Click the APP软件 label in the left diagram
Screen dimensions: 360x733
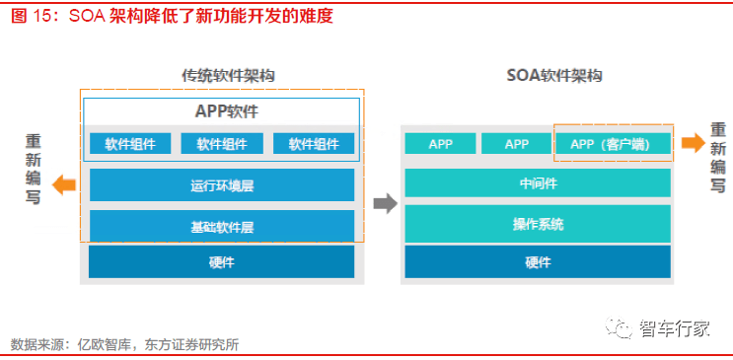(x=221, y=111)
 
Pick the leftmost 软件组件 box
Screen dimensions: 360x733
(x=130, y=144)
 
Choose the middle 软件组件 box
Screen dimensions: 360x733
(x=222, y=144)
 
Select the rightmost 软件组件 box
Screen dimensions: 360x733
(x=314, y=144)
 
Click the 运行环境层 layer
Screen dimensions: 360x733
(x=222, y=184)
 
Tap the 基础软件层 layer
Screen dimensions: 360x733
(x=222, y=226)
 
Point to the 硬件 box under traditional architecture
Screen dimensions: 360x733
(x=222, y=261)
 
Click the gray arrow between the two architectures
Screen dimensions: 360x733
(x=384, y=203)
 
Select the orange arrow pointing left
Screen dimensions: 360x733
(x=64, y=183)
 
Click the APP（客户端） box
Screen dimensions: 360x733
(x=615, y=144)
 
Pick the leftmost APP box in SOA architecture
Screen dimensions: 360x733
(x=440, y=144)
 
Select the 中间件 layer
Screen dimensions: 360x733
(x=538, y=182)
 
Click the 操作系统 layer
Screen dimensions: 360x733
(x=538, y=223)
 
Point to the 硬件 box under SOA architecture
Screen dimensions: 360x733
(x=538, y=261)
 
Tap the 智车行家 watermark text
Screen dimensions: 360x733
(x=675, y=328)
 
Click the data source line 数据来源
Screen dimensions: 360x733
(x=124, y=344)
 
